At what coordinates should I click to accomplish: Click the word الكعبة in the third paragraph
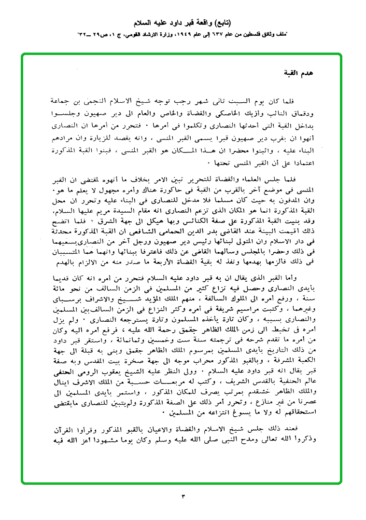[x=305, y=365]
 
